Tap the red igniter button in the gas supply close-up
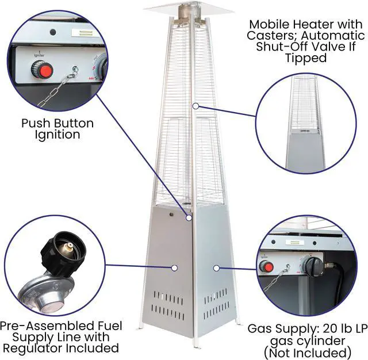pyautogui.click(x=266, y=267)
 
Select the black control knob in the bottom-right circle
pyautogui.click(x=311, y=265)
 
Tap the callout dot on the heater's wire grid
pyautogui.click(x=196, y=105)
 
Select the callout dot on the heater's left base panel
pyautogui.click(x=173, y=267)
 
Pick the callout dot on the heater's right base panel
pyautogui.click(x=216, y=267)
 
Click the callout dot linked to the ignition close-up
pyautogui.click(x=189, y=217)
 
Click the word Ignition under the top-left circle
pyautogui.click(x=57, y=135)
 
